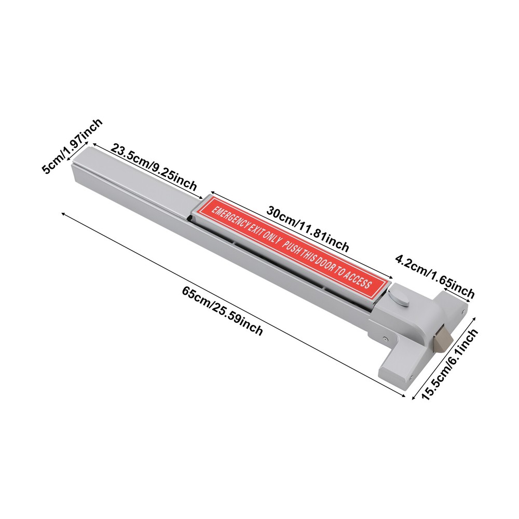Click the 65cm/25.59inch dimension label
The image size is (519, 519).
tap(222, 311)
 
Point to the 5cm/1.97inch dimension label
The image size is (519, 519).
tap(72, 146)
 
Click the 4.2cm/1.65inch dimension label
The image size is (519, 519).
tap(435, 277)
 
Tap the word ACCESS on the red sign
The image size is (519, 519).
tap(356, 279)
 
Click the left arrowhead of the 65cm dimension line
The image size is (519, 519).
tap(63, 214)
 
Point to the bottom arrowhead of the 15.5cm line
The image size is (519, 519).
tap(413, 398)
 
